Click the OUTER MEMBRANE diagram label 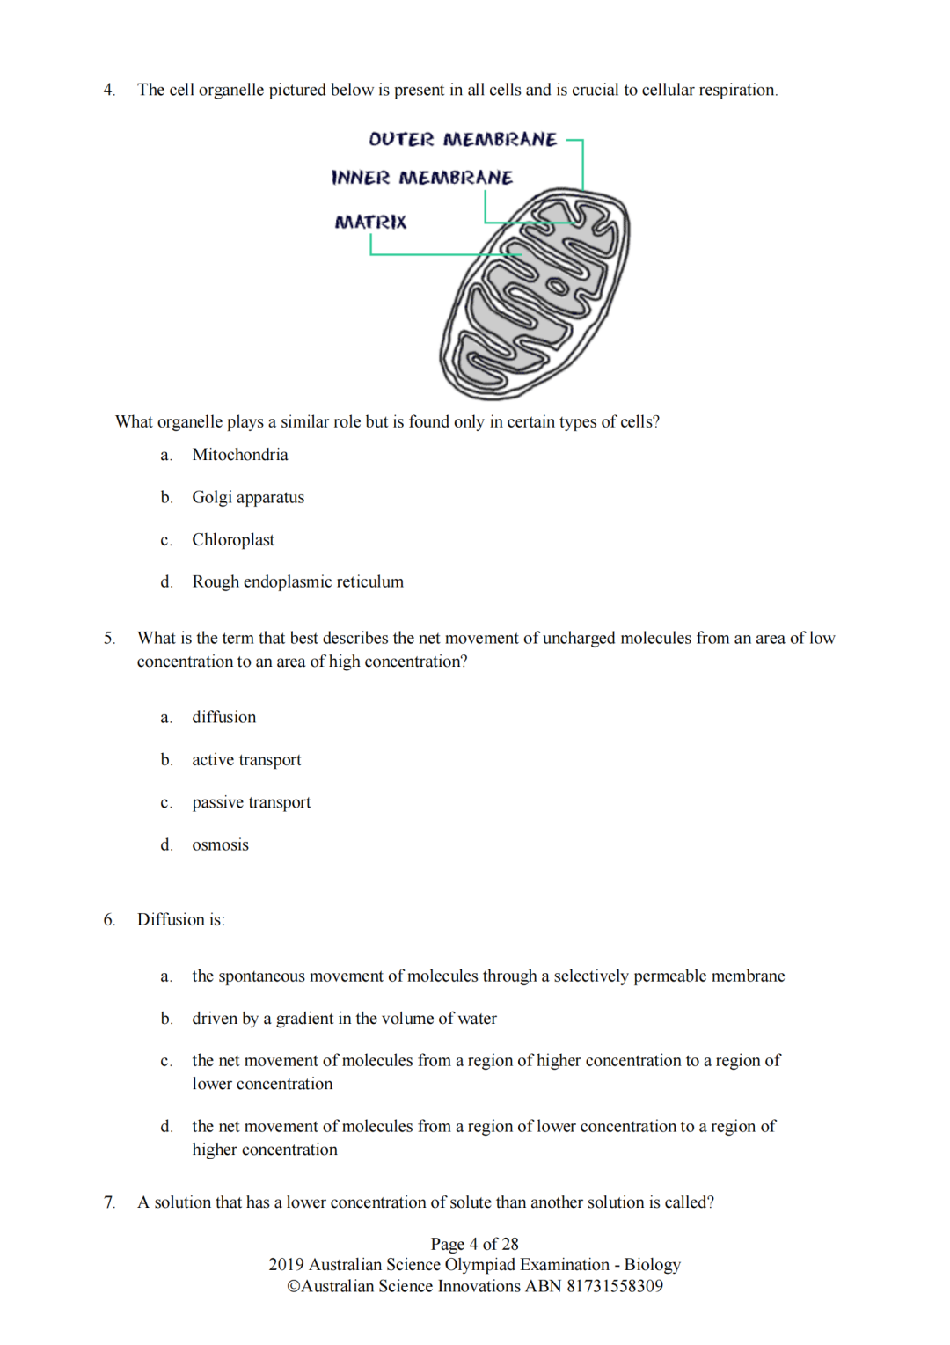[463, 140]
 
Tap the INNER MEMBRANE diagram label [422, 178]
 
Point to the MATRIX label [370, 223]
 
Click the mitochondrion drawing [535, 294]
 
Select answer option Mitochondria [239, 455]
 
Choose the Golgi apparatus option [248, 497]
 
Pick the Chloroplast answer [233, 539]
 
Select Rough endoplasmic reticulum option [297, 581]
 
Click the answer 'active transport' [246, 760]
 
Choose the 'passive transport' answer [252, 802]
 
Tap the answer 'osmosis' [220, 844]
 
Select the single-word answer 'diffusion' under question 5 [224, 717]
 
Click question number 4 [109, 90]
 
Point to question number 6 [109, 919]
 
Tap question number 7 [109, 1202]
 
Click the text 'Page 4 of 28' [474, 1244]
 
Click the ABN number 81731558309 [615, 1286]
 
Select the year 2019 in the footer [286, 1265]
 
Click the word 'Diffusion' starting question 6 [171, 919]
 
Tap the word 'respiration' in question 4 [737, 90]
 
